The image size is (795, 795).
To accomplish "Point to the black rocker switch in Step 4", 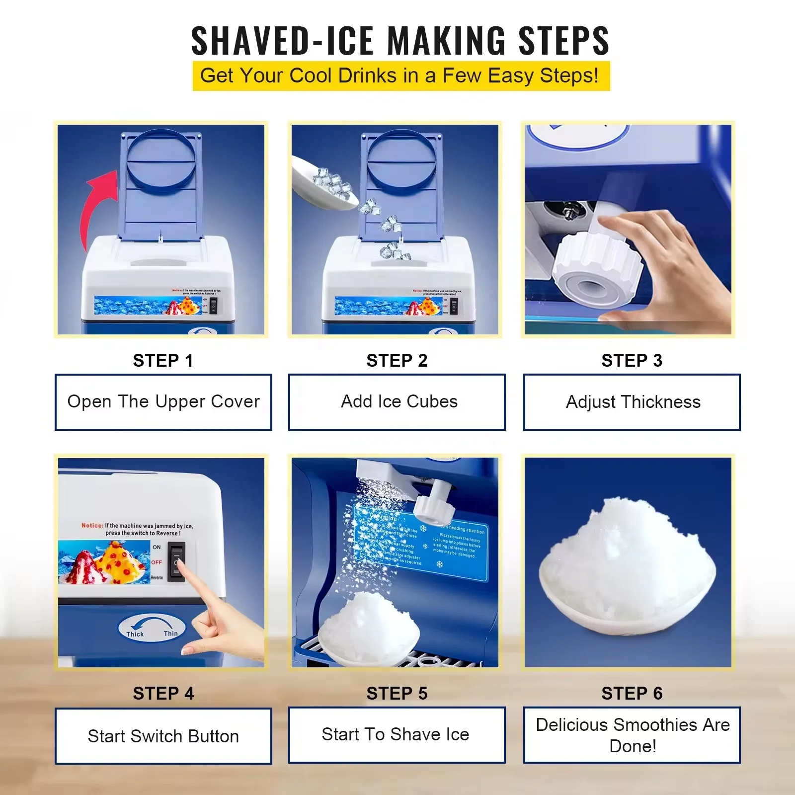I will coord(176,561).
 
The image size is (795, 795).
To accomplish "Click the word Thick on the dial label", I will coord(135,634).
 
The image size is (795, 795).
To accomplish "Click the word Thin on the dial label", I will coord(170,634).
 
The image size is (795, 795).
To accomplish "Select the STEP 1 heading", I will coord(163,360).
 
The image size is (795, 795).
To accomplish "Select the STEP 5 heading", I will coord(397,693).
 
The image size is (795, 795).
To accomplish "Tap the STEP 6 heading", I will coord(632,693).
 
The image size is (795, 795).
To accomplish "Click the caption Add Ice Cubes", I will coord(399,401).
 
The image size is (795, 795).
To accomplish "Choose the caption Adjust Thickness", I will coord(633,401).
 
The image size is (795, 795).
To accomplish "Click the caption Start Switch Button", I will coord(163,736).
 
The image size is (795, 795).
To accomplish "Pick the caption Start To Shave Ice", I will coord(396,734).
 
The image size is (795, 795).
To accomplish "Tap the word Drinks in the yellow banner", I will coord(368,76).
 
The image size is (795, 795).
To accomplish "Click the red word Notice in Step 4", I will coord(92,525).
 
